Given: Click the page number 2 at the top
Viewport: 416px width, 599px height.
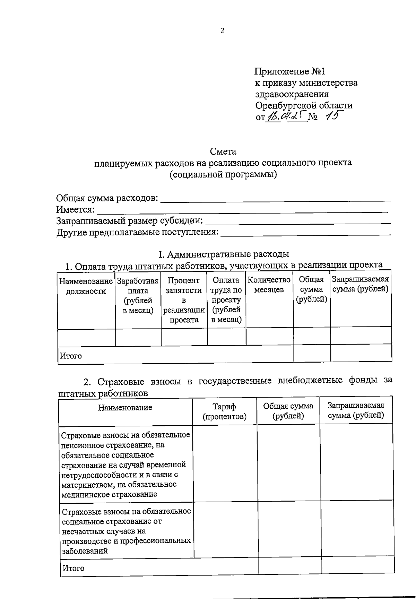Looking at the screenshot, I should point(222,31).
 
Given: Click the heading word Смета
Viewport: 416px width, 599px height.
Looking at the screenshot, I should point(223,151).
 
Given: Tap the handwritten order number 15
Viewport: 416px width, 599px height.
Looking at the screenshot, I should point(331,116).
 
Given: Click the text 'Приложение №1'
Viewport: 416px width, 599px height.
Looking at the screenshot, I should point(290,71).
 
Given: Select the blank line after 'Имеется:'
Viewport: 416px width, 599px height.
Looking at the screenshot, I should point(242,210).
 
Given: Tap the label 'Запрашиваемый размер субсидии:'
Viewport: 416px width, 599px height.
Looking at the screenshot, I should point(130,221).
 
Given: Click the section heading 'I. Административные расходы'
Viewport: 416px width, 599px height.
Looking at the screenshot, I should point(224,254).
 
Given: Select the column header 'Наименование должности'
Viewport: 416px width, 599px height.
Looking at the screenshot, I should point(86,286).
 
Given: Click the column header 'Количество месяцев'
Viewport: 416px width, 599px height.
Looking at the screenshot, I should point(269,285).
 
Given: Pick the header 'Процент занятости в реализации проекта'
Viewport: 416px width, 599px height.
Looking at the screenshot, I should point(184,300).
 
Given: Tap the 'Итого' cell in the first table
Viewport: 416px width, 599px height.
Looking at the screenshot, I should point(71,356).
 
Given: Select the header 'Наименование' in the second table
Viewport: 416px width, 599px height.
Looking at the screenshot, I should point(125,408).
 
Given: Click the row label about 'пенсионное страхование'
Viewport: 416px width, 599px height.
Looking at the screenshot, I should point(125,465).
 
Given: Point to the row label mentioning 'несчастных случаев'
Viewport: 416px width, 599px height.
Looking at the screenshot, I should point(126,531).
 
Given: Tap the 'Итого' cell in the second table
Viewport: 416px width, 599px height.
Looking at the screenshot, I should point(73,568).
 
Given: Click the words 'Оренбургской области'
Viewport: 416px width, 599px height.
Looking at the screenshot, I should point(304,105).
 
